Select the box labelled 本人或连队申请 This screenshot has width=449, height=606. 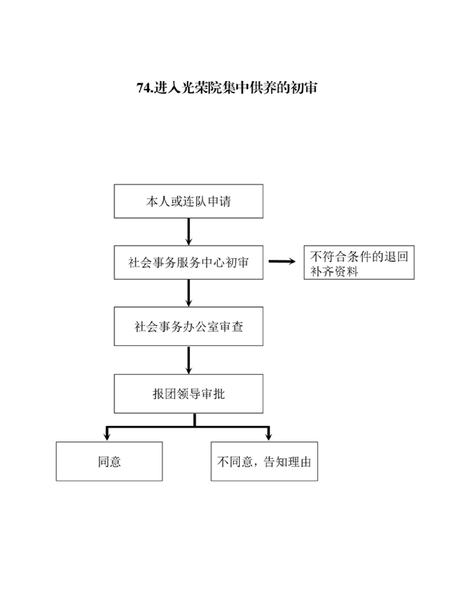pyautogui.click(x=188, y=201)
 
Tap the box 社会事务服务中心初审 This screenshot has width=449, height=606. pyautogui.click(x=188, y=262)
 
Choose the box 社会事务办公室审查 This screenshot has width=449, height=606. pyautogui.click(x=188, y=326)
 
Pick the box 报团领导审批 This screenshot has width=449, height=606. pyautogui.click(x=188, y=394)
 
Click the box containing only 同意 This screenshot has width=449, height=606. pyautogui.click(x=109, y=462)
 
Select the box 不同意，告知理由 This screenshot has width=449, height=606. pyautogui.click(x=264, y=462)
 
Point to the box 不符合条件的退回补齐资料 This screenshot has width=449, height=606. pyautogui.click(x=359, y=262)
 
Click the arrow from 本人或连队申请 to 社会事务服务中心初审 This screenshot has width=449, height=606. pyautogui.click(x=188, y=232)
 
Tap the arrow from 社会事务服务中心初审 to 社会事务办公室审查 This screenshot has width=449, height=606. pyautogui.click(x=188, y=293)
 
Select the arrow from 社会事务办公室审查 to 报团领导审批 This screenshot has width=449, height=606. pyautogui.click(x=188, y=360)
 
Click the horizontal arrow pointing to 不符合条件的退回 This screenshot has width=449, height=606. pyautogui.click(x=282, y=262)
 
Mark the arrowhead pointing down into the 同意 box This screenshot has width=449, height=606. pyautogui.click(x=107, y=437)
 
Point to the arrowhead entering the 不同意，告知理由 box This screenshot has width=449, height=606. pyautogui.click(x=269, y=437)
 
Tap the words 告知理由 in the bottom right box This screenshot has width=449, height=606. pyautogui.click(x=287, y=462)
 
